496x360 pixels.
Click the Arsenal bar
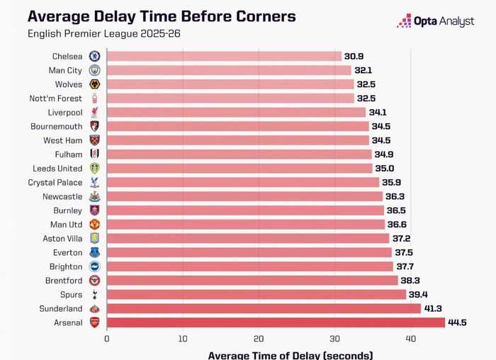click(276, 322)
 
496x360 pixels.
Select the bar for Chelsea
click(224, 56)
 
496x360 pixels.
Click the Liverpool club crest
click(94, 112)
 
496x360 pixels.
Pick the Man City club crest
click(94, 70)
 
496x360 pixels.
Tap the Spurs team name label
click(71, 294)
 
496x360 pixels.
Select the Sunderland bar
click(264, 308)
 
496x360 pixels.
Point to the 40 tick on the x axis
click(410, 339)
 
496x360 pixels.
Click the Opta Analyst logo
click(435, 21)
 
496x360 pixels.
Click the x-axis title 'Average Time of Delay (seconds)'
click(290, 354)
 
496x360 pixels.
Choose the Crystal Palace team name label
click(57, 182)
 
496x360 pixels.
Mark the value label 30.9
click(355, 56)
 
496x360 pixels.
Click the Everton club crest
click(94, 252)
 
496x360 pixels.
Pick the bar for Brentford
click(252, 281)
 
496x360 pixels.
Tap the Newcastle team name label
click(62, 196)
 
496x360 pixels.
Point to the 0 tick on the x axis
click(107, 339)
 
